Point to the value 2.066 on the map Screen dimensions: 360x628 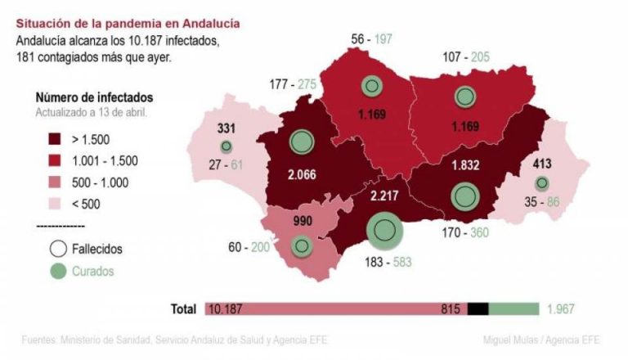pos(303,174)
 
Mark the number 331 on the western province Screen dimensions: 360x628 pos(226,128)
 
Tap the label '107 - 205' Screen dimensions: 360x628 pos(465,57)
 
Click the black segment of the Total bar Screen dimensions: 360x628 pos(478,308)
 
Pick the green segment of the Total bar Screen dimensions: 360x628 pos(514,308)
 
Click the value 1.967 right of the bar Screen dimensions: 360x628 pos(561,308)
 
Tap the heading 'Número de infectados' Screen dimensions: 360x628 pos(94,98)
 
